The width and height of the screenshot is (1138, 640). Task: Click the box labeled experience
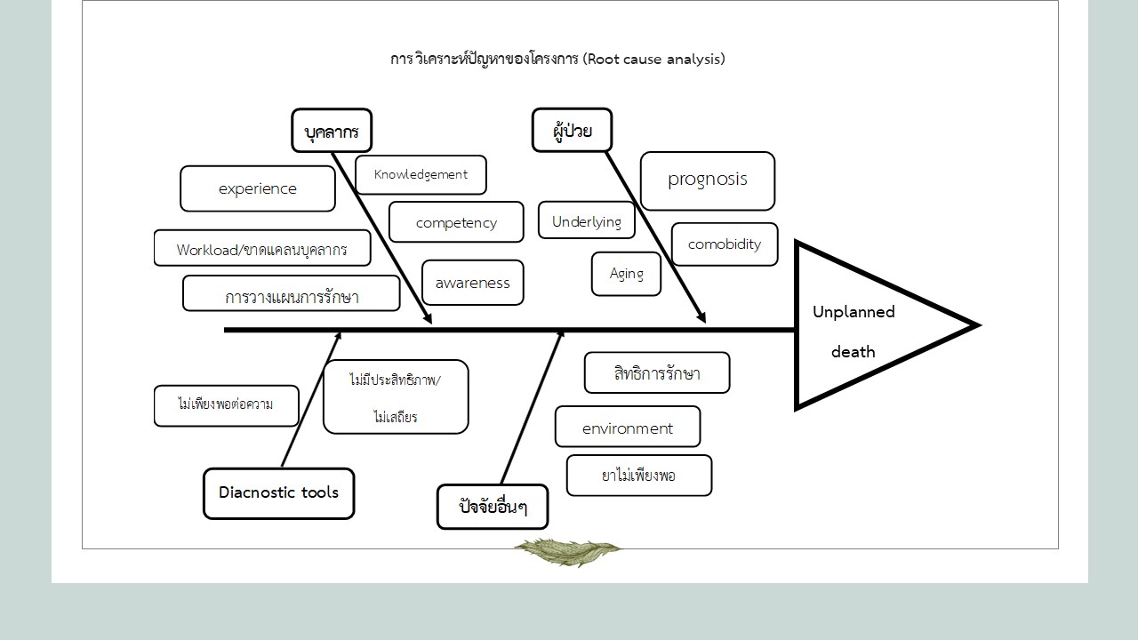click(258, 188)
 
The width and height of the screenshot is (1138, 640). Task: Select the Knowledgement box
click(421, 175)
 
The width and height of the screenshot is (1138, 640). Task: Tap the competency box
click(456, 222)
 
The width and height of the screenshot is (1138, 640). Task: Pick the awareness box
click(472, 283)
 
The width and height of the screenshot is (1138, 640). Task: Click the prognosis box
click(708, 180)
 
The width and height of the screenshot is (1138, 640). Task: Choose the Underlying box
click(587, 221)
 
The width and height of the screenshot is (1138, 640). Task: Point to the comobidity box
click(725, 244)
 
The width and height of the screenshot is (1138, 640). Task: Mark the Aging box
click(626, 274)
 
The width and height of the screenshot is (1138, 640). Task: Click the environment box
click(628, 428)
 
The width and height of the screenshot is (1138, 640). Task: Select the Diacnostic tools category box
click(279, 493)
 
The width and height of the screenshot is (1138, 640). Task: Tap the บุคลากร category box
click(332, 132)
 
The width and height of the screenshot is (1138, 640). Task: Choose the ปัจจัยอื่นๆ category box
click(493, 508)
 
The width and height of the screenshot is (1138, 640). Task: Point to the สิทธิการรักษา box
click(657, 373)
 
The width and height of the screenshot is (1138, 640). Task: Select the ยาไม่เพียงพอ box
click(639, 476)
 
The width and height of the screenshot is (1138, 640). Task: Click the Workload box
click(262, 249)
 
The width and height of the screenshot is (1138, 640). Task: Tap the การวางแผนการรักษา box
click(292, 295)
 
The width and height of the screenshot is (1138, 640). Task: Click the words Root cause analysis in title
click(654, 60)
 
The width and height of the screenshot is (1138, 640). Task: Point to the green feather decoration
click(566, 551)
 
